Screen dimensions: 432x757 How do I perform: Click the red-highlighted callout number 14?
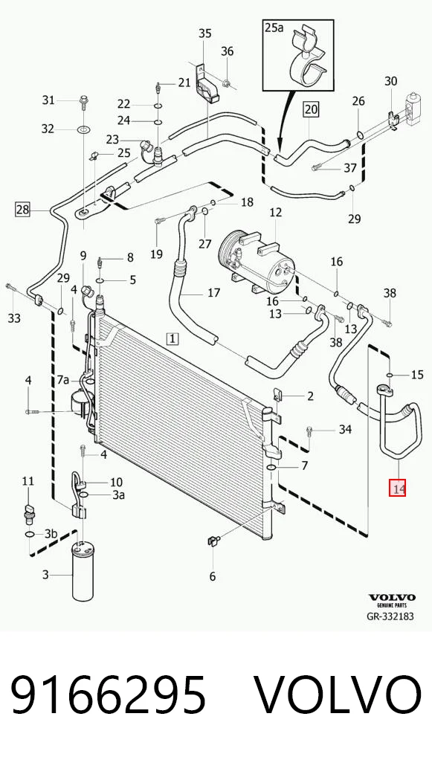pos(399,488)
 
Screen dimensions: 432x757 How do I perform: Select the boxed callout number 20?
pos(312,110)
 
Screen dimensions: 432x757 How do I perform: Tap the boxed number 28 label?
pos(23,210)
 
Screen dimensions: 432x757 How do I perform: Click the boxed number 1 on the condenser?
pos(173,339)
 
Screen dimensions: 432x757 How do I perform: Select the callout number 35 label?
pos(205,33)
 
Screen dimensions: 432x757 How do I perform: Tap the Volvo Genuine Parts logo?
pos(392,601)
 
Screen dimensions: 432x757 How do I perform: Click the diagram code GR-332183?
pos(390,616)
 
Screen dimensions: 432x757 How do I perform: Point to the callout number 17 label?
pos(214,292)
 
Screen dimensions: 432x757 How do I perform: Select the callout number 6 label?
pos(213,576)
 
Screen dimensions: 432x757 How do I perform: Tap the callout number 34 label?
pos(345,429)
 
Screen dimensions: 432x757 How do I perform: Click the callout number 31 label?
pos(48,100)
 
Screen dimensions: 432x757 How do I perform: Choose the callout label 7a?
pos(63,381)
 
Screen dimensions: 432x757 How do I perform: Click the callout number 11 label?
pos(28,481)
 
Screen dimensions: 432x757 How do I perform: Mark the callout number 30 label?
pos(391,80)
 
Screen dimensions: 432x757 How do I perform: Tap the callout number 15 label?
pos(418,374)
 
